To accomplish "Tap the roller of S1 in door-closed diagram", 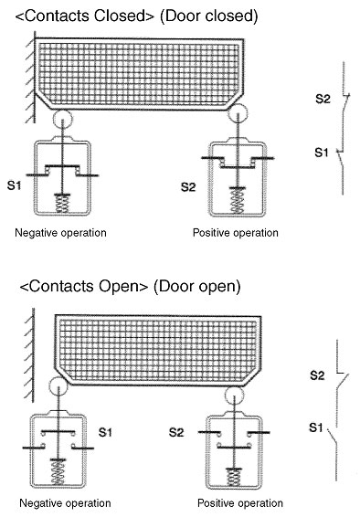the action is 63,118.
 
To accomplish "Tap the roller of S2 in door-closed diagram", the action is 238,113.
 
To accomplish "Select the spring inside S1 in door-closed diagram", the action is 63,203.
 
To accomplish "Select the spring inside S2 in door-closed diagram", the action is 238,202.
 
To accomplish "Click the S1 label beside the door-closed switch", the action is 15,185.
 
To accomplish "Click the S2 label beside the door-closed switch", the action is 188,187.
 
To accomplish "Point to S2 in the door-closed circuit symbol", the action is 323,99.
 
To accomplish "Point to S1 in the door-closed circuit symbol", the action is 322,153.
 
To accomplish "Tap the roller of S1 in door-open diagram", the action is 58,386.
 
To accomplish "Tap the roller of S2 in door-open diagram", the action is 235,396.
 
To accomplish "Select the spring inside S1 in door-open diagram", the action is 58,472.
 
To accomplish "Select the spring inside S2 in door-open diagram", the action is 234,478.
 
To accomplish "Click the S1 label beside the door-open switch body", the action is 105,432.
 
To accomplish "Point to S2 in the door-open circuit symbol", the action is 317,375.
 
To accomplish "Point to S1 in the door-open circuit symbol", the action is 316,427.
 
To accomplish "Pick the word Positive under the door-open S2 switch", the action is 216,503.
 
